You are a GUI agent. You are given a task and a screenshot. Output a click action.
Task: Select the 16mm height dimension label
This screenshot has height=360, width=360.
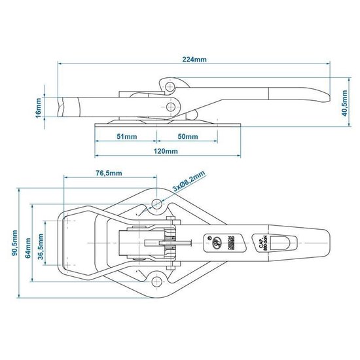coord(39,107)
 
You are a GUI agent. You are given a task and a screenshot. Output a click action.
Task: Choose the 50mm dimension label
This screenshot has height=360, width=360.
coord(187,137)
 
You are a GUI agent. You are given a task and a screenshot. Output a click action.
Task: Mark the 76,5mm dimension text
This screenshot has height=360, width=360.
coord(107,173)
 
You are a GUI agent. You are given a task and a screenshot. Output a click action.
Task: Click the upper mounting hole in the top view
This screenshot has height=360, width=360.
coord(157,205)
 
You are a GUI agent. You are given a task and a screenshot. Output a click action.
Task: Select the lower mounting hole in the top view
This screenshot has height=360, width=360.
coord(157,283)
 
